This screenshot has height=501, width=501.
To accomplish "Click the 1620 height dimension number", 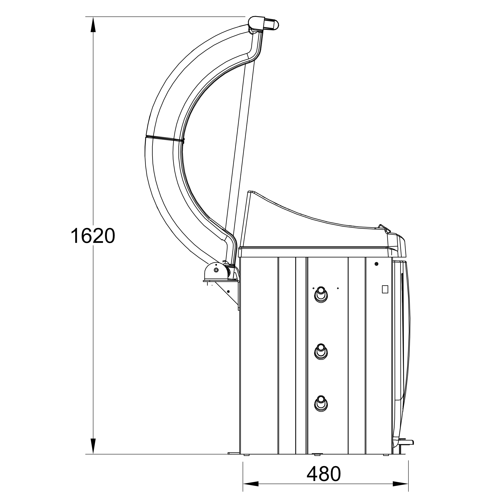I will [92, 236].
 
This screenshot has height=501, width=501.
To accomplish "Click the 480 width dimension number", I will [323, 474].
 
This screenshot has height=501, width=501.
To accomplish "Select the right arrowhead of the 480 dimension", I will [401, 484].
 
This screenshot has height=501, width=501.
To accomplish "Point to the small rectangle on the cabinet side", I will [385, 289].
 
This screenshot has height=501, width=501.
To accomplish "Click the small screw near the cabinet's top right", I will [376, 264].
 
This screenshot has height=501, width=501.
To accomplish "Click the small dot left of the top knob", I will [313, 288].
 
